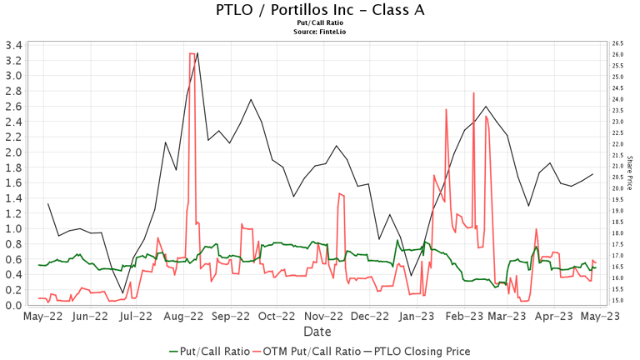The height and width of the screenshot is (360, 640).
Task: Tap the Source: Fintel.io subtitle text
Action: coord(319,32)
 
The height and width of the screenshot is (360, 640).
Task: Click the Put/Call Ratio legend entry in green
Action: coord(210,352)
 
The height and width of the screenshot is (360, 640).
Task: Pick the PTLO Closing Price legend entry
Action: coord(422,352)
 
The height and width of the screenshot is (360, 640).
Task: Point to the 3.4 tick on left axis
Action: coord(14,44)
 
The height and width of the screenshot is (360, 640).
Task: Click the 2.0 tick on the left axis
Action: coord(14,152)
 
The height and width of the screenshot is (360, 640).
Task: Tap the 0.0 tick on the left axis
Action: coord(14,306)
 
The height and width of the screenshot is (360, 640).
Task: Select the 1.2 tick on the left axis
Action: coord(14,213)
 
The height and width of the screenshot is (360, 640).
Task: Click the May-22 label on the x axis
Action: coord(43,317)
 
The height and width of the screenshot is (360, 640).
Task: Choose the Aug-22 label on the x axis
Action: coord(184,317)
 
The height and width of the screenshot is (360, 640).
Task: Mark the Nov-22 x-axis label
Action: coord(324,317)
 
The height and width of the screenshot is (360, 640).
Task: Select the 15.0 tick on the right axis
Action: coord(617,300)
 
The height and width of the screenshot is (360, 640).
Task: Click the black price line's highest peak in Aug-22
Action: coord(197,52)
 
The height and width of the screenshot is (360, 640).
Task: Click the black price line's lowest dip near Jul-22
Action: coord(122,293)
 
